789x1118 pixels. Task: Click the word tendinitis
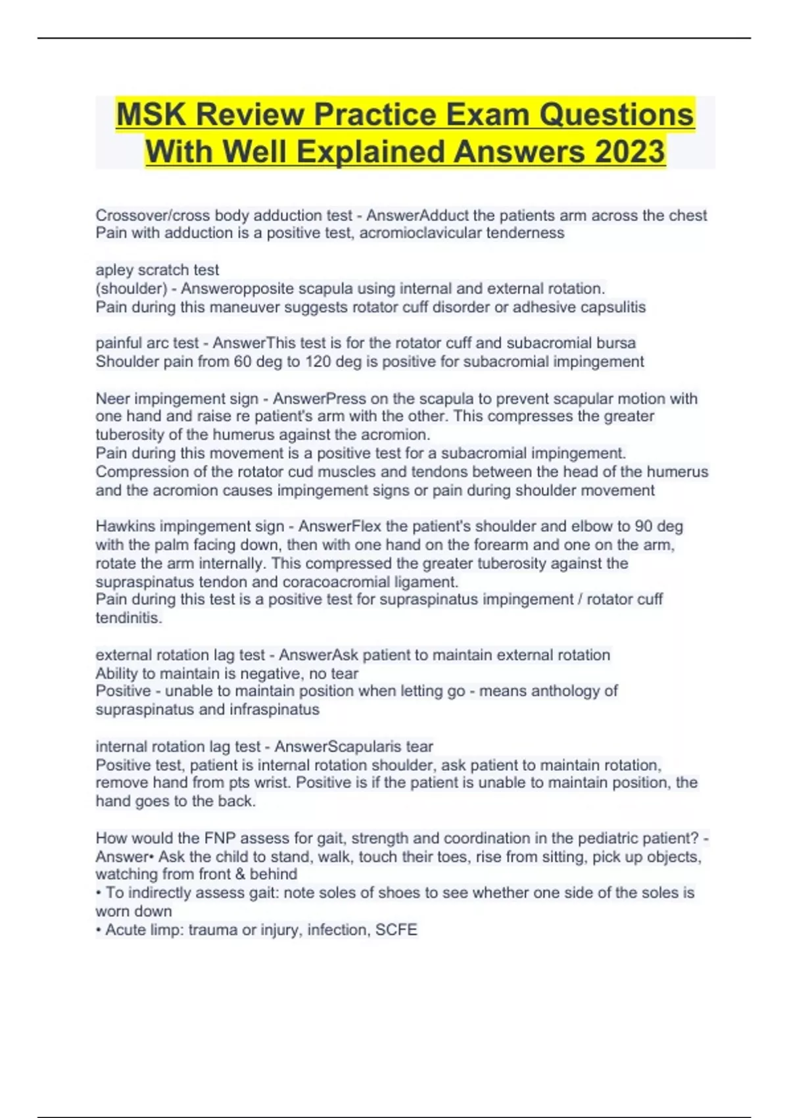pos(128,618)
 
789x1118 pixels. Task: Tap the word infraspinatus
pos(274,710)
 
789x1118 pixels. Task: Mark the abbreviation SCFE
pos(396,930)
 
